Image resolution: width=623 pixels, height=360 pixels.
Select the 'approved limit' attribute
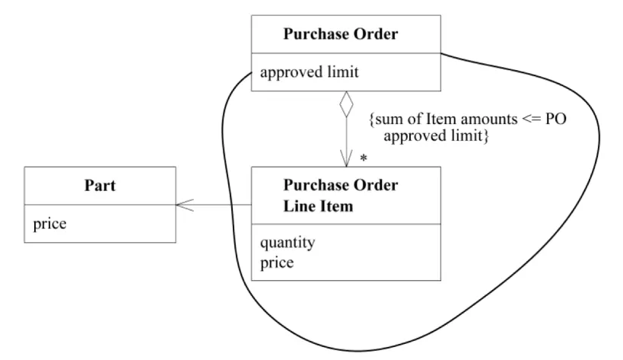tap(309, 73)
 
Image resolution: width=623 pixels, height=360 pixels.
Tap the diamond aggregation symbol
tap(346, 104)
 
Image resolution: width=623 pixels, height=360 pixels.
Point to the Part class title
tap(99, 186)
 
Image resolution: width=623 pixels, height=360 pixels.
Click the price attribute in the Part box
tap(50, 224)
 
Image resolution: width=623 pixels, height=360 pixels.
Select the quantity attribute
tap(288, 243)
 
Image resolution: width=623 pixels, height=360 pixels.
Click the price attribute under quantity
tap(277, 263)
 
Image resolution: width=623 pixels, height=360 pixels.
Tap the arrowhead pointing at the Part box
tap(183, 205)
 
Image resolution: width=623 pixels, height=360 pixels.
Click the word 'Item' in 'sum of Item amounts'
tap(435, 120)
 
